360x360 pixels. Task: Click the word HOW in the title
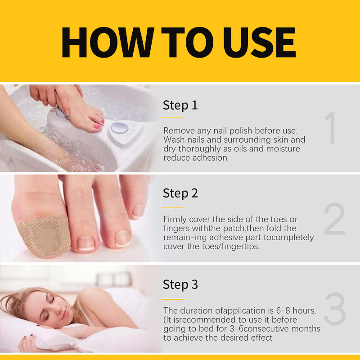click(x=108, y=42)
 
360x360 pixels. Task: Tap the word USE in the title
click(x=260, y=42)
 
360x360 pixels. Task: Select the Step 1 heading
click(x=180, y=105)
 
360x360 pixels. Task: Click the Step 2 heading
click(x=180, y=193)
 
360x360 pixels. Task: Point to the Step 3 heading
click(x=180, y=285)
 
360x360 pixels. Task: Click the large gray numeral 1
click(x=330, y=128)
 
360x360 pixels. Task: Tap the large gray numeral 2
click(x=334, y=219)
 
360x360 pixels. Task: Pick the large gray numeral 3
click(x=335, y=309)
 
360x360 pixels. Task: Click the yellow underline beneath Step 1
click(x=173, y=118)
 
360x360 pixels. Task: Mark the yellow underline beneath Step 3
click(x=173, y=299)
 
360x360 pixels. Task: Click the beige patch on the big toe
click(x=44, y=236)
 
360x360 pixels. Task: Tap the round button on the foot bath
click(x=119, y=127)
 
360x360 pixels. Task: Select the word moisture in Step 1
click(x=283, y=149)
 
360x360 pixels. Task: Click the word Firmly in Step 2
click(x=175, y=220)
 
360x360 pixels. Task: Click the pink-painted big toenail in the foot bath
click(x=97, y=126)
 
